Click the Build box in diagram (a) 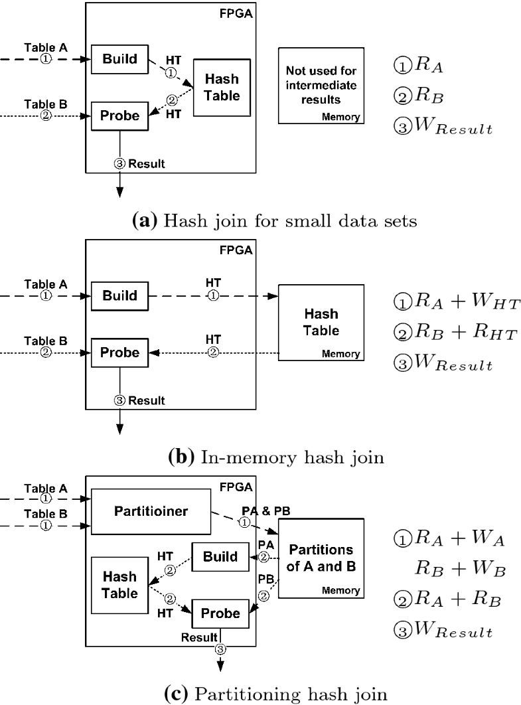click(120, 59)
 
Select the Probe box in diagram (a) click(120, 116)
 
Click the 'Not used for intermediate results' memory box click(321, 86)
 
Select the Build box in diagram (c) click(220, 556)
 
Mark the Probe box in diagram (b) click(120, 352)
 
